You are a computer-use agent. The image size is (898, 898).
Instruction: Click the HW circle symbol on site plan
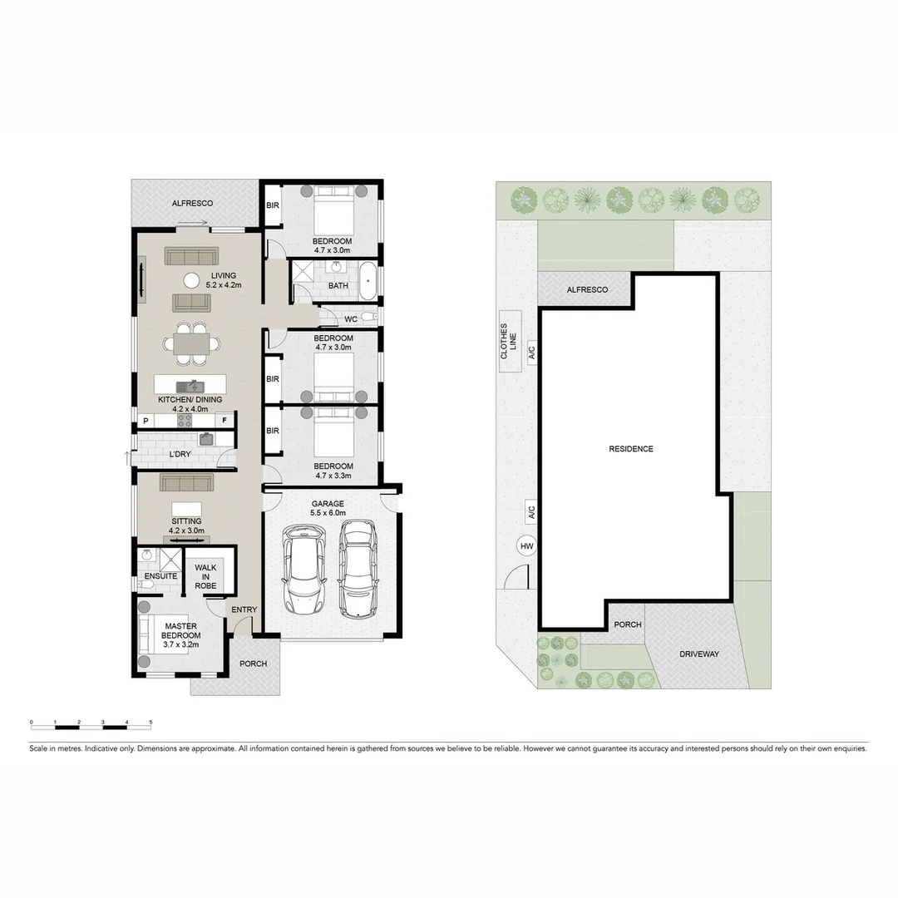coord(525,546)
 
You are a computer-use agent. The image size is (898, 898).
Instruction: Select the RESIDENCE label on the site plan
coord(631,449)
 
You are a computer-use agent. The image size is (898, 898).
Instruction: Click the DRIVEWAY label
coord(698,654)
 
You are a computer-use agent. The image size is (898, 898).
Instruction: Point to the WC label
coord(350,318)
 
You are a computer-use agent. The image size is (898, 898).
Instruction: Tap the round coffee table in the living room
coord(191,280)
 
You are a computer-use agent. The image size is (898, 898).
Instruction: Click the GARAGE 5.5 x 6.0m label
coord(328,509)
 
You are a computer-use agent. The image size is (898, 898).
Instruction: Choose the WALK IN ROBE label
coord(205,576)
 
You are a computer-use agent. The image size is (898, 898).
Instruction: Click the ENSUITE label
coord(160,575)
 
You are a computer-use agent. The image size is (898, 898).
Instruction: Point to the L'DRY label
coord(180,455)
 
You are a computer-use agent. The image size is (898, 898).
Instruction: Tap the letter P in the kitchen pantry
coord(146,422)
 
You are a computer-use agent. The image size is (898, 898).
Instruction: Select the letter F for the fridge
coord(224,422)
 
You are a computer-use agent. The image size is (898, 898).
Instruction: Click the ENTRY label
coord(244,609)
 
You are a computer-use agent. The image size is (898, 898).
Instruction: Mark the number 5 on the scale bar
coord(150,721)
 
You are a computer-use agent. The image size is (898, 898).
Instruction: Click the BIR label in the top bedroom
coord(272,205)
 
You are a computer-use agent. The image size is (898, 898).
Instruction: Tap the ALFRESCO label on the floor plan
coord(192,203)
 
